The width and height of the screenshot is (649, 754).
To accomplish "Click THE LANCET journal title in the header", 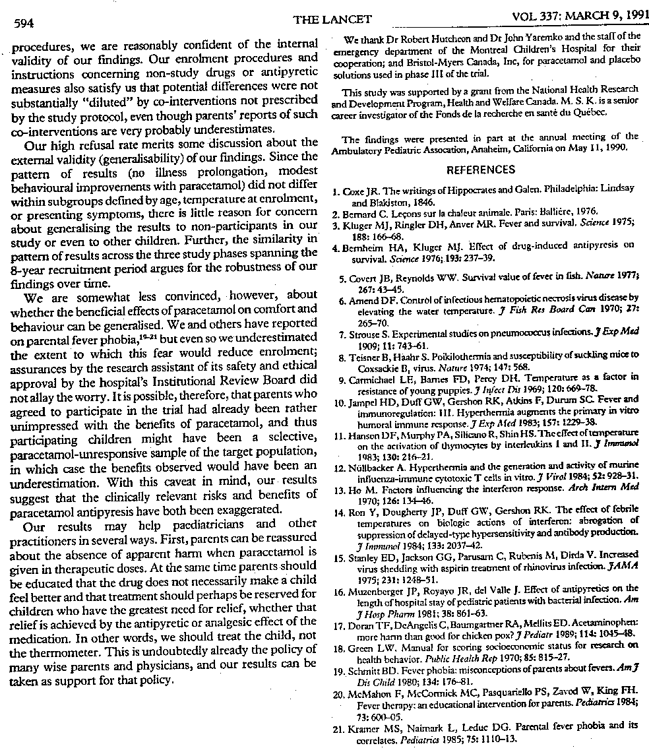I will click(324, 20).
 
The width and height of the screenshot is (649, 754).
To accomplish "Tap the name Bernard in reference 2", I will click(366, 212).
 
